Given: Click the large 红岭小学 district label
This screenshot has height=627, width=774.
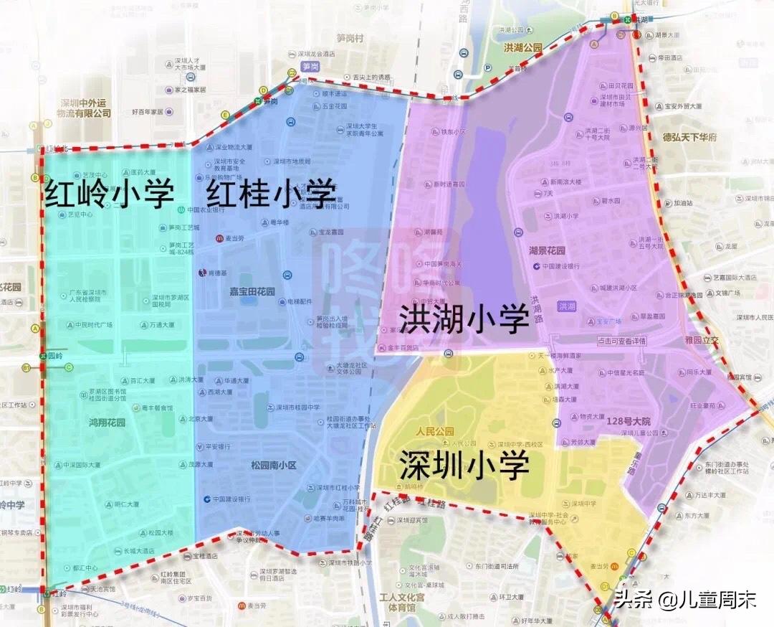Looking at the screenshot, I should tap(110, 194).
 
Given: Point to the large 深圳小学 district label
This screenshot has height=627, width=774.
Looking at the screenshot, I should tap(464, 466).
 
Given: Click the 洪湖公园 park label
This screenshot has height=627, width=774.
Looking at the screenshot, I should tap(522, 47).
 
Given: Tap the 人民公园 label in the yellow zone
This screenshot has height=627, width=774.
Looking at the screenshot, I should tap(434, 432).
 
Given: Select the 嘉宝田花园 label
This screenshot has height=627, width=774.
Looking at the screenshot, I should tap(252, 292).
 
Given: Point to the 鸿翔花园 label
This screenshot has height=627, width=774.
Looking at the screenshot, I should tap(107, 423).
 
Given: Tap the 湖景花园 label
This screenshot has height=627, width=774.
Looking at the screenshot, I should tap(547, 251).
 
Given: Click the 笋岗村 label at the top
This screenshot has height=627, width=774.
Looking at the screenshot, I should tap(351, 38).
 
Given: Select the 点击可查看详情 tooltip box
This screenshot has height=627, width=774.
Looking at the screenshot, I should tap(621, 341).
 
